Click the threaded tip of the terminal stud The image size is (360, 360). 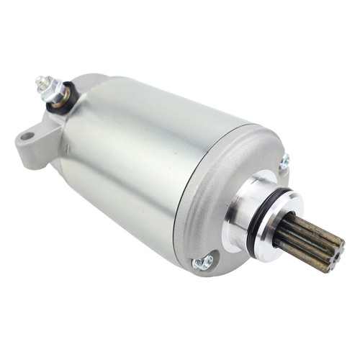pyautogui.click(x=40, y=81)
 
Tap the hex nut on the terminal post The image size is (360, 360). pyautogui.click(x=51, y=89)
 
